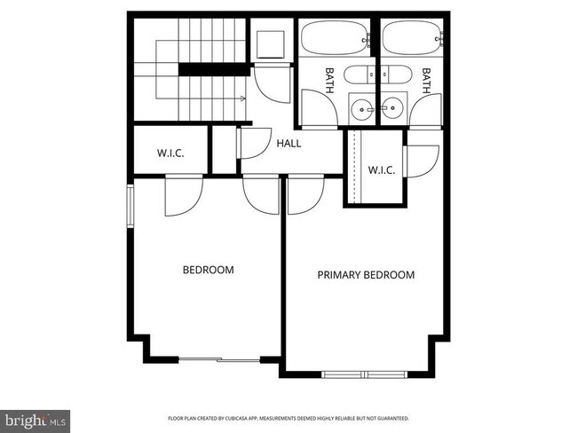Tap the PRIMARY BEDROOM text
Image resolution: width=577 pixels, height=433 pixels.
click(366, 275)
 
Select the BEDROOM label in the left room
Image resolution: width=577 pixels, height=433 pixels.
click(208, 270)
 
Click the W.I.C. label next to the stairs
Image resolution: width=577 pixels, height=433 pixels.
click(170, 153)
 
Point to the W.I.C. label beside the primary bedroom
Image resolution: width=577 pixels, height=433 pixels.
click(381, 169)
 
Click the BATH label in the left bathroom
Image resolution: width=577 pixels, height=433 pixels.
click(329, 81)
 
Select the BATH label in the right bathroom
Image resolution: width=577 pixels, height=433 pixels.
click(426, 81)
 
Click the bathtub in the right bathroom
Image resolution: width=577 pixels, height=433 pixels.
click(410, 39)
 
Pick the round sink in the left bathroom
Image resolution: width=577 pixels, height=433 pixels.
click(362, 109)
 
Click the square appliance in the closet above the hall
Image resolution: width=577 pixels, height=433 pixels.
click(272, 44)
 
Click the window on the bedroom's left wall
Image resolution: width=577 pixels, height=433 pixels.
click(130, 206)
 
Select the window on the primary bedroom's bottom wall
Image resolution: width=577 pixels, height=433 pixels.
click(364, 374)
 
